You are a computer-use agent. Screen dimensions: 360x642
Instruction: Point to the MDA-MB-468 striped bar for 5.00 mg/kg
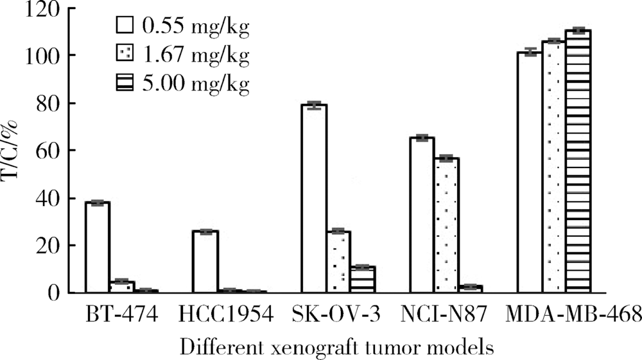pos(578,161)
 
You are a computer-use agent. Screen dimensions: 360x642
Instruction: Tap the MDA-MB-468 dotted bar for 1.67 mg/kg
pos(553,167)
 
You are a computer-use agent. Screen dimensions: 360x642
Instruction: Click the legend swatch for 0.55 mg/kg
pos(124,26)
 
